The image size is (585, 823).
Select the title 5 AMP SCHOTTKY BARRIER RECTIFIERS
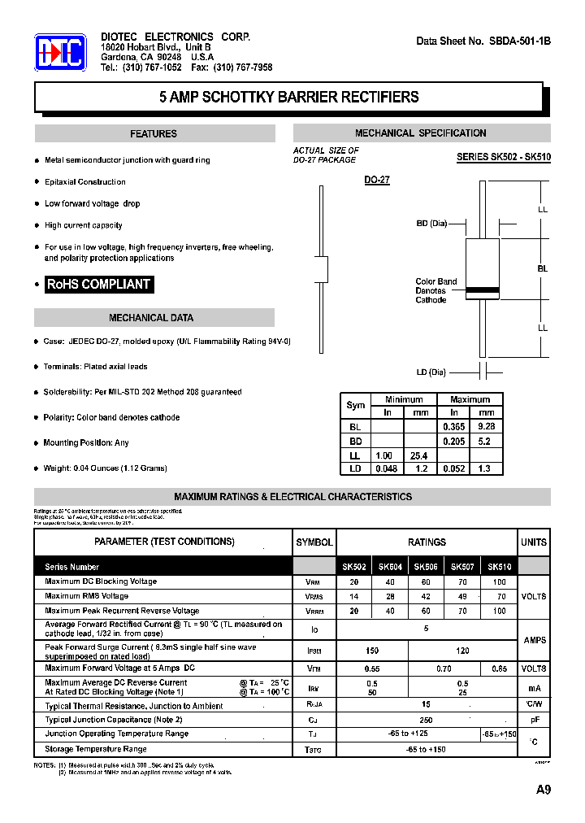(289, 98)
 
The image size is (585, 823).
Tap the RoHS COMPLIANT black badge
(98, 285)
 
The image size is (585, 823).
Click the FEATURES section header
(154, 134)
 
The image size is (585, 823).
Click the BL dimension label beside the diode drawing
(542, 268)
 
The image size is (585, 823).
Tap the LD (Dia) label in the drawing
(431, 372)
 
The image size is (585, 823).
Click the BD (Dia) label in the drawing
(431, 223)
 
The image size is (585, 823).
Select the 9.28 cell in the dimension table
(487, 425)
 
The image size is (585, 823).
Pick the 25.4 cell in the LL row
(418, 456)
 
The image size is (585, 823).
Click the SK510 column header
(499, 567)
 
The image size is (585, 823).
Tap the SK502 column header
(353, 567)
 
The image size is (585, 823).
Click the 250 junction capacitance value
(426, 720)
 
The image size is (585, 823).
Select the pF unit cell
(534, 720)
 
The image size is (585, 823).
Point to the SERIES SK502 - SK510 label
(504, 157)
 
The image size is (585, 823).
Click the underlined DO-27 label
(377, 180)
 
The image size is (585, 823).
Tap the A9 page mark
(543, 790)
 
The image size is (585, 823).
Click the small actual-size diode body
(322, 268)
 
